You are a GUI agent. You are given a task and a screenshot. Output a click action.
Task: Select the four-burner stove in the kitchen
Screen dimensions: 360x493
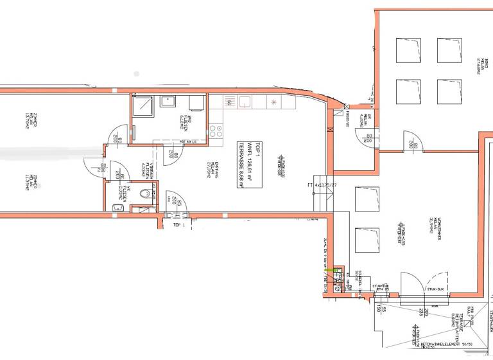tap(216, 132)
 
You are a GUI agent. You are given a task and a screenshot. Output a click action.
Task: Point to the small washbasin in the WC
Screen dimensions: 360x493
tap(117, 206)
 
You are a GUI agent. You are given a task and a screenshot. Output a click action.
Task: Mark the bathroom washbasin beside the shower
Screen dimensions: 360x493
tap(169, 100)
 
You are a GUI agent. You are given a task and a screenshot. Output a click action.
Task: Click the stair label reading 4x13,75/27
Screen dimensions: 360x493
tap(323, 186)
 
